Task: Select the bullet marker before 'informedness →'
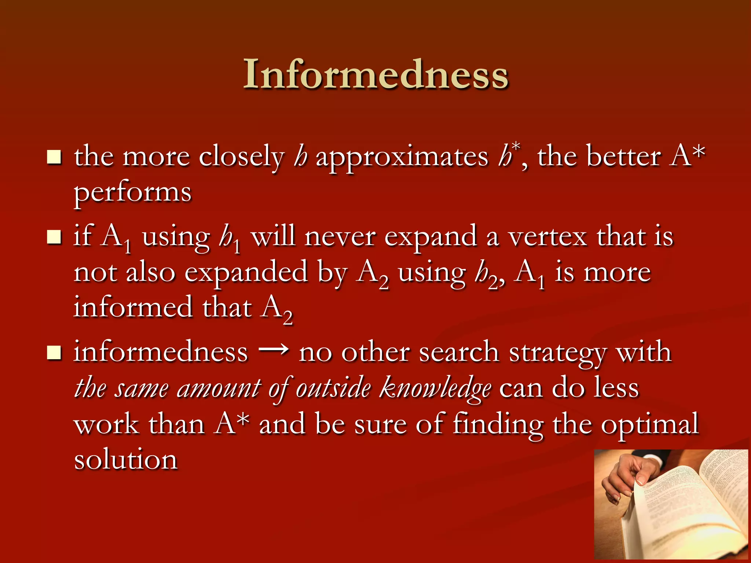pyautogui.click(x=54, y=353)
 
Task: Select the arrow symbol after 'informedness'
pyautogui.click(x=274, y=351)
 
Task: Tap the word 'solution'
pyautogui.click(x=126, y=460)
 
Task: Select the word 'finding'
pyautogui.click(x=498, y=424)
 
